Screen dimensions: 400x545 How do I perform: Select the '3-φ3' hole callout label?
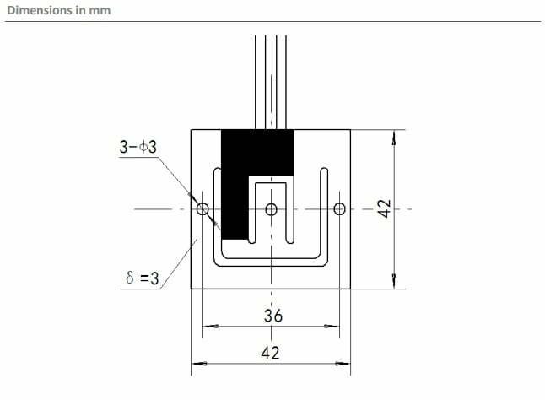point(138,147)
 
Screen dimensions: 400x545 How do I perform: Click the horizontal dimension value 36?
point(272,316)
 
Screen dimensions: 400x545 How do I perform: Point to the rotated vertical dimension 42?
point(383,209)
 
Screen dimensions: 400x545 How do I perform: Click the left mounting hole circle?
point(202,208)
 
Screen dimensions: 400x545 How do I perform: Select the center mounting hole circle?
point(271,208)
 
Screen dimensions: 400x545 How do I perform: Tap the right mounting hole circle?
point(339,208)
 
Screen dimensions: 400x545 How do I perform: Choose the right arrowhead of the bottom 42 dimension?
point(345,364)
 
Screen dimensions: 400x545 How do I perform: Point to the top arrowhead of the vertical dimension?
point(393,136)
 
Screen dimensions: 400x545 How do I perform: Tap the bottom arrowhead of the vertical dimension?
point(393,283)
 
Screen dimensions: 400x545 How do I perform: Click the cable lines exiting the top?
point(271,80)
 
